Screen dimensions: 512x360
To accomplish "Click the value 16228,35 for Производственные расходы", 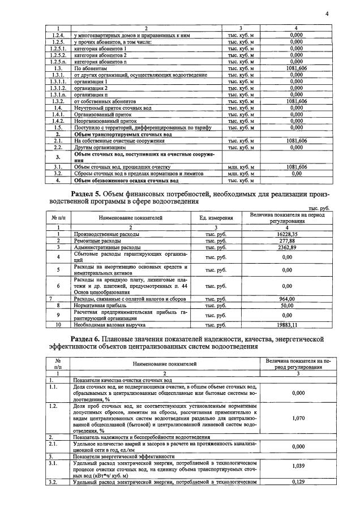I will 288,233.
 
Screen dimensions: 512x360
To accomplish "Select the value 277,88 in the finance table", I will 288,240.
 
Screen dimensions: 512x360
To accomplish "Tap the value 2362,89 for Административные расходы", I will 288,247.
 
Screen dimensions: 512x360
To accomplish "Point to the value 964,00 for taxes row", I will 288,299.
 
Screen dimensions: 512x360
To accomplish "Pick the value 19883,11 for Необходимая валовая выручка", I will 288,325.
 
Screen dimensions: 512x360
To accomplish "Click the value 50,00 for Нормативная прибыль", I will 288,306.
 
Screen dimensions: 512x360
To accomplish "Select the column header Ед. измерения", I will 216,217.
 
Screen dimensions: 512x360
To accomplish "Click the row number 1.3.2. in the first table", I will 56,101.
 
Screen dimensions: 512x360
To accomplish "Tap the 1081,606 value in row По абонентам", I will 297,68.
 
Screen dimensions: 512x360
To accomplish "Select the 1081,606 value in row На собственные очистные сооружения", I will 297,140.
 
